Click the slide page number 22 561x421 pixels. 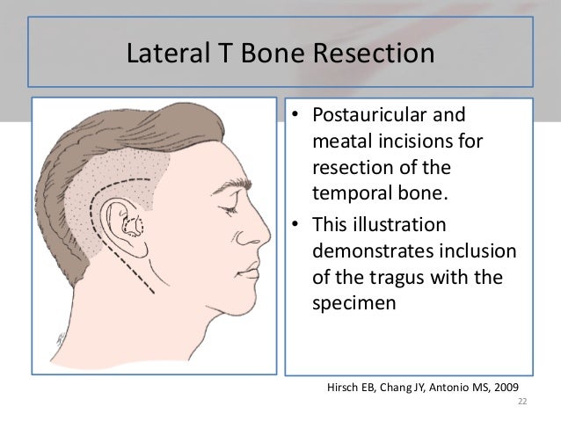(521, 403)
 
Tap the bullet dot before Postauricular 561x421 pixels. (297, 118)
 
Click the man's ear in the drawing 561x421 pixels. (128, 225)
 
